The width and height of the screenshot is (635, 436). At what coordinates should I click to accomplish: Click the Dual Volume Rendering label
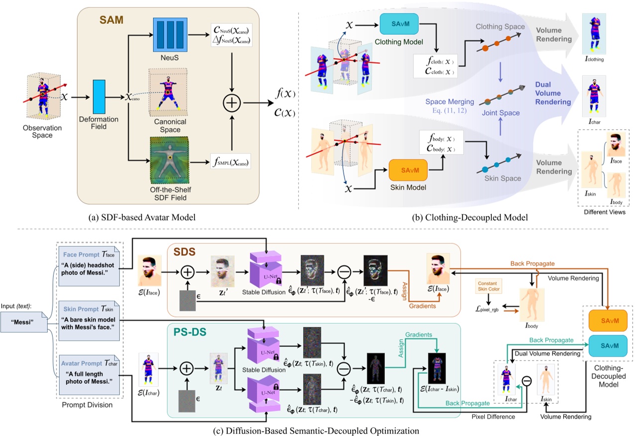pyautogui.click(x=553, y=93)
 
